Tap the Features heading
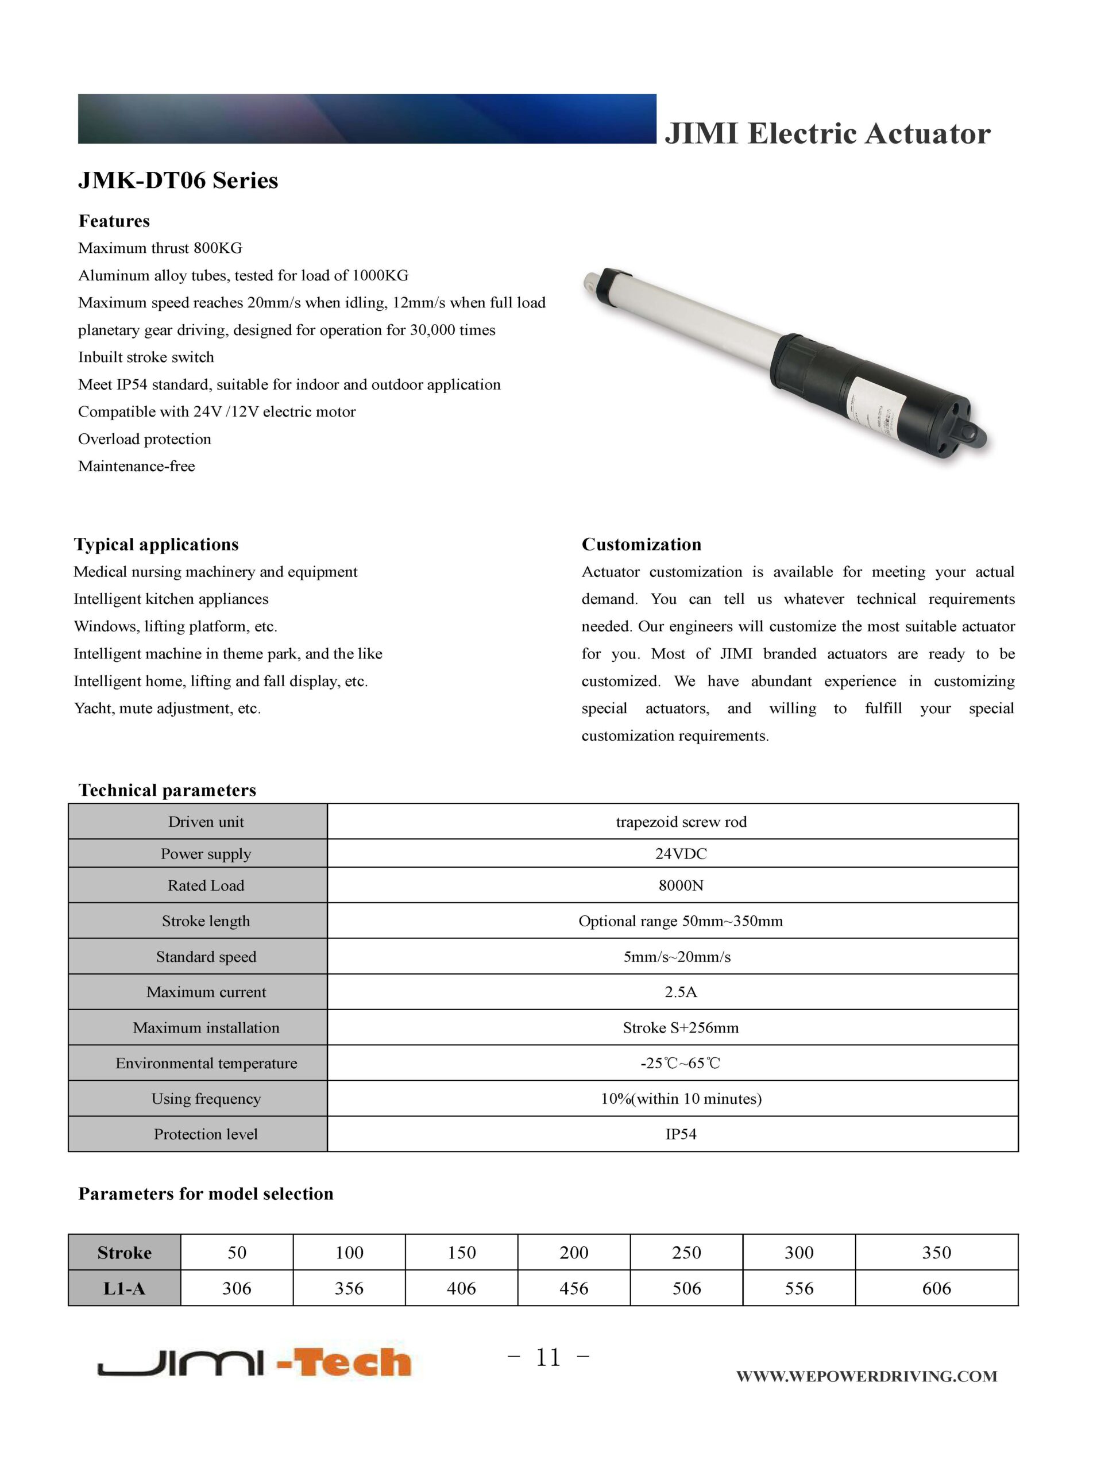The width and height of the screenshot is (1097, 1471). (114, 221)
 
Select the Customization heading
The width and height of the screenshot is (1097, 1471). (641, 544)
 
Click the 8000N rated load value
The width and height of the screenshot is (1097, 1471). (681, 885)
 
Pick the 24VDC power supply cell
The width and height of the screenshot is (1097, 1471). (681, 854)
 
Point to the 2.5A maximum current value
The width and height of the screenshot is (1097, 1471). (681, 992)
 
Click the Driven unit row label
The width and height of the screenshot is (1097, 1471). (206, 822)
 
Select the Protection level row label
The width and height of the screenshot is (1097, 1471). (206, 1134)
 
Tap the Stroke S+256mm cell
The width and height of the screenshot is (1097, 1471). (681, 1028)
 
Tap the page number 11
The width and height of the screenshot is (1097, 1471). (548, 1357)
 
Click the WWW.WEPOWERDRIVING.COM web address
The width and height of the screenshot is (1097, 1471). (866, 1376)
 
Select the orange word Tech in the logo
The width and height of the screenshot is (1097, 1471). (352, 1364)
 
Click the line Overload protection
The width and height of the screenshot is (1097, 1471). (145, 439)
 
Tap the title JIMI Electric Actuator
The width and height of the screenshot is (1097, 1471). (828, 133)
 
